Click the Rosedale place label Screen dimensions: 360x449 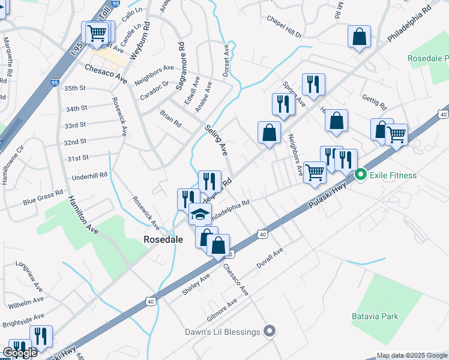[163, 239]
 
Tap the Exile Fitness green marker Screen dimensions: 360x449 [361, 175]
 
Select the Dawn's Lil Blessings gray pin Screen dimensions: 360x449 [270, 331]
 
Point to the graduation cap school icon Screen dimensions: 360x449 [200, 214]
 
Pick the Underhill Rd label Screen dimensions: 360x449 [89, 175]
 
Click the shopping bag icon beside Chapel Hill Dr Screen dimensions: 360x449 [359, 37]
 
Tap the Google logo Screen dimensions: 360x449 [20, 353]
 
